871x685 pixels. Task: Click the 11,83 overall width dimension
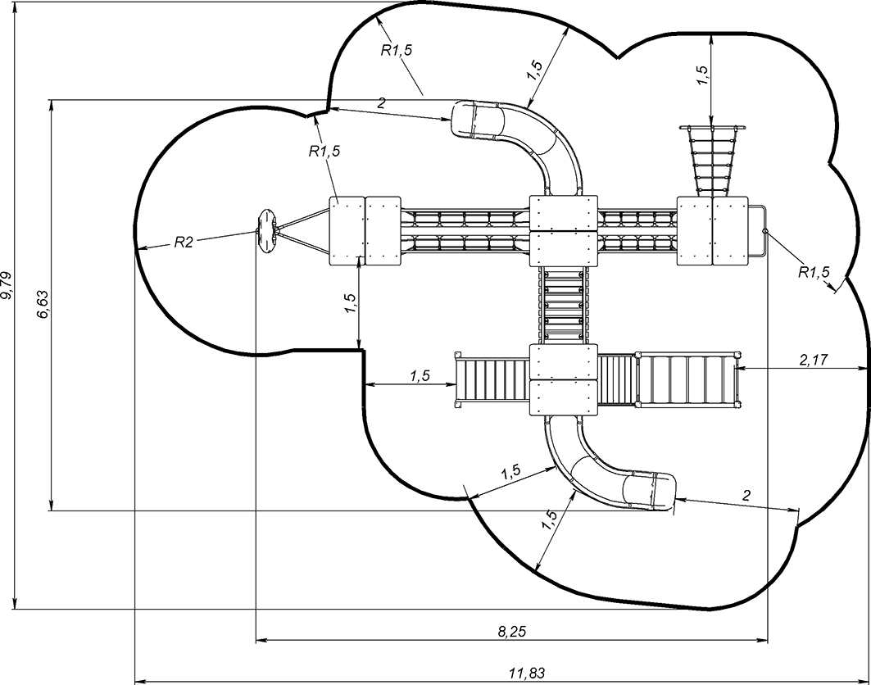(526, 673)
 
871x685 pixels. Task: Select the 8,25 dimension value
(513, 631)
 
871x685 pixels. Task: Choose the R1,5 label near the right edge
(814, 272)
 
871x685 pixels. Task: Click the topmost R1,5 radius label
(397, 51)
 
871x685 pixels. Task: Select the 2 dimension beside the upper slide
(382, 103)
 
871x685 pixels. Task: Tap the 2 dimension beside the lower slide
(746, 494)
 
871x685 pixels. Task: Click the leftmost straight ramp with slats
(491, 380)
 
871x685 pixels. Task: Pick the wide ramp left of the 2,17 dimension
(688, 379)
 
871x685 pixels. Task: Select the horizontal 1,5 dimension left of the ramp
(420, 376)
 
